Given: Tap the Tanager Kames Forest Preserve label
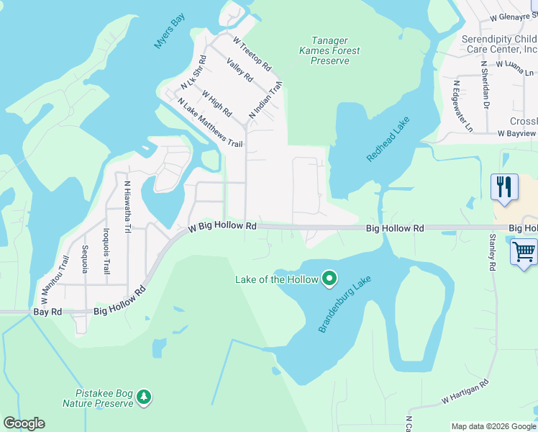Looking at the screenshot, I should click(x=329, y=50).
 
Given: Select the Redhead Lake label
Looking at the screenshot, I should click(x=382, y=135).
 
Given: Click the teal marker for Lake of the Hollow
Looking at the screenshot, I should click(x=329, y=278).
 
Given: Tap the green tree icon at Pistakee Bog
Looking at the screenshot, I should click(x=145, y=397).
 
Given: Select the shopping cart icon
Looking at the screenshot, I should click(x=524, y=253).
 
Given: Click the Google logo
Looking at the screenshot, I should click(x=24, y=423).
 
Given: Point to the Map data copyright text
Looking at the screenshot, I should click(x=493, y=426).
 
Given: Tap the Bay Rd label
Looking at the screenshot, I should click(x=43, y=312).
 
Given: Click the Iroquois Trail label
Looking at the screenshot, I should click(x=106, y=251).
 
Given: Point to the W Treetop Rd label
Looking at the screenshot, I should click(x=252, y=54).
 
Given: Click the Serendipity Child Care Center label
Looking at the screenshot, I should click(x=500, y=45).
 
